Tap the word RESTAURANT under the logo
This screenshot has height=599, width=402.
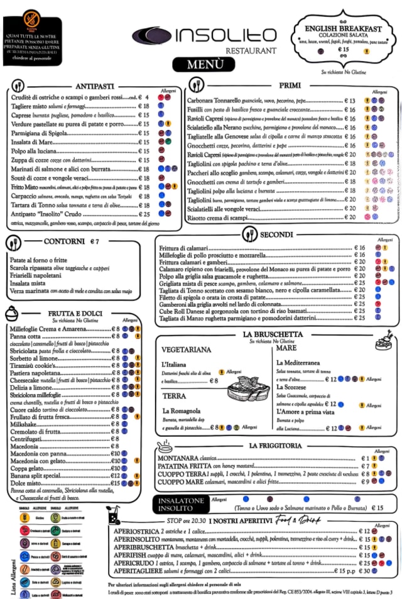pyautogui.click(x=251, y=50)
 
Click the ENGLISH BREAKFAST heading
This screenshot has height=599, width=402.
pyautogui.click(x=344, y=28)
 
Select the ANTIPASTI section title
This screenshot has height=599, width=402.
pyautogui.click(x=94, y=86)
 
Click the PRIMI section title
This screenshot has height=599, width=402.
pyautogui.click(x=289, y=86)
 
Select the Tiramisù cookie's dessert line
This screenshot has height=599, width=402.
pyautogui.click(x=38, y=365)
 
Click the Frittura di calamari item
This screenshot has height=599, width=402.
pyautogui.click(x=183, y=248)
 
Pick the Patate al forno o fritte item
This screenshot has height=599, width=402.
pyautogui.click(x=38, y=260)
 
